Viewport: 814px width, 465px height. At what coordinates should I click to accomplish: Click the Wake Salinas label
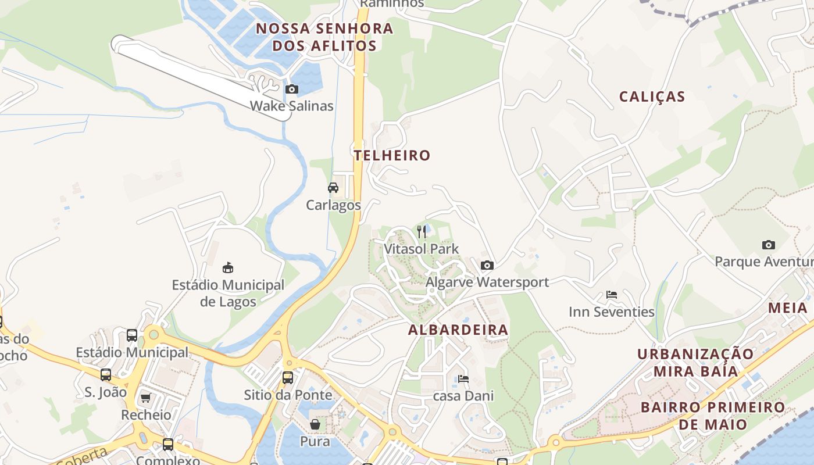[291, 106]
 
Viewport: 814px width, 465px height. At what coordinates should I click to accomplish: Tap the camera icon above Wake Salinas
[292, 89]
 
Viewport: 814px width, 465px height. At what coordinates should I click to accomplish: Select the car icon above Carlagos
[333, 187]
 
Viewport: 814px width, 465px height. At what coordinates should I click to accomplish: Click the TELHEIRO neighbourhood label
[392, 155]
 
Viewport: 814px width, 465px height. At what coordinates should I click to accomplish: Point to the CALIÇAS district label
[652, 96]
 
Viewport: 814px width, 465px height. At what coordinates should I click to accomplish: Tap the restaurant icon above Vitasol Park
[422, 231]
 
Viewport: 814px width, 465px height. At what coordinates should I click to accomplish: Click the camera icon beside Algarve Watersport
[487, 265]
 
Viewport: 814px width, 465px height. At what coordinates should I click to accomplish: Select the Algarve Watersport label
[487, 282]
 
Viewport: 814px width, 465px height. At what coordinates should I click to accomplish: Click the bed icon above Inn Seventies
[612, 295]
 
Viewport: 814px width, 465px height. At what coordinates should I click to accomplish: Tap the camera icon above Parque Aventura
[768, 245]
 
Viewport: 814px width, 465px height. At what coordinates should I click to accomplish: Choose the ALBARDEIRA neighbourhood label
[458, 330]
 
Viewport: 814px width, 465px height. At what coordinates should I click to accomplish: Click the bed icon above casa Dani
[463, 378]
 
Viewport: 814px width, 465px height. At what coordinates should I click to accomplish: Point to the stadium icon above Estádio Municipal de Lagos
[228, 268]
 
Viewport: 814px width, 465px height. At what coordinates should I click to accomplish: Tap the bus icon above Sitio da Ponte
[288, 377]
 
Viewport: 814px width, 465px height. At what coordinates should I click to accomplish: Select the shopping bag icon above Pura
[315, 424]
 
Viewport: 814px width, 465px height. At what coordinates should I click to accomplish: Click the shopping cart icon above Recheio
[145, 398]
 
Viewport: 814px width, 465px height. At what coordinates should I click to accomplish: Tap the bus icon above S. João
[106, 375]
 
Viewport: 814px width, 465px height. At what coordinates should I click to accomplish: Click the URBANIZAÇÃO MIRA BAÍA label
[695, 362]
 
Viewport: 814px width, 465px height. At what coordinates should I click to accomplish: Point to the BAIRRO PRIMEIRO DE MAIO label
[712, 416]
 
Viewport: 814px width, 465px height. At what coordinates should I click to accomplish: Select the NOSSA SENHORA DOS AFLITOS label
[324, 37]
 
